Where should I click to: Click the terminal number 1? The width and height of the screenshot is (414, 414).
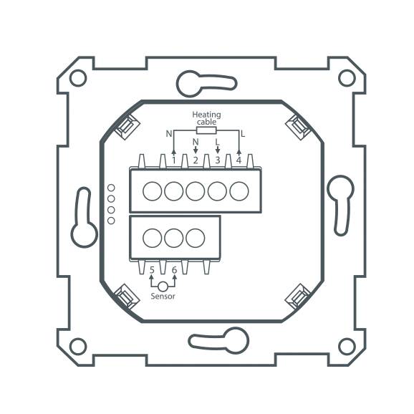tap(174, 160)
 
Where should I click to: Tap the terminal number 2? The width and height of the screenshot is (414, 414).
tap(196, 160)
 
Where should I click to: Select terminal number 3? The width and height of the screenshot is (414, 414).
tap(218, 160)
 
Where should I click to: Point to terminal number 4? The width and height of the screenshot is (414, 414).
tap(239, 160)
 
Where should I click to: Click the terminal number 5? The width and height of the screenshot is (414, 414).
tap(152, 270)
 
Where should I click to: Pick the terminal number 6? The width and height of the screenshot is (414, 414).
tap(174, 270)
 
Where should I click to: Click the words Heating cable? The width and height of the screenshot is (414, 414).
tap(206, 118)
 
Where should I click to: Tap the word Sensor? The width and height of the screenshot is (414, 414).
tap(163, 296)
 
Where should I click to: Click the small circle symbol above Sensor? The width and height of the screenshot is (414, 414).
tap(163, 286)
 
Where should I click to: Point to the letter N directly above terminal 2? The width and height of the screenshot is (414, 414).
tap(196, 141)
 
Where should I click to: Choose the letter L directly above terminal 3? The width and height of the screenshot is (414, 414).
tap(218, 141)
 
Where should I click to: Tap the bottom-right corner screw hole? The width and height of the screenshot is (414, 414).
tap(346, 347)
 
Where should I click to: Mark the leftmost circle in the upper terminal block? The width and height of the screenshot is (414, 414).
tap(152, 191)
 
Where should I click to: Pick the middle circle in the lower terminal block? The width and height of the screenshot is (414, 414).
tap(174, 237)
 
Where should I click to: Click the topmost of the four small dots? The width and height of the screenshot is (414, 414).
tap(111, 188)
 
